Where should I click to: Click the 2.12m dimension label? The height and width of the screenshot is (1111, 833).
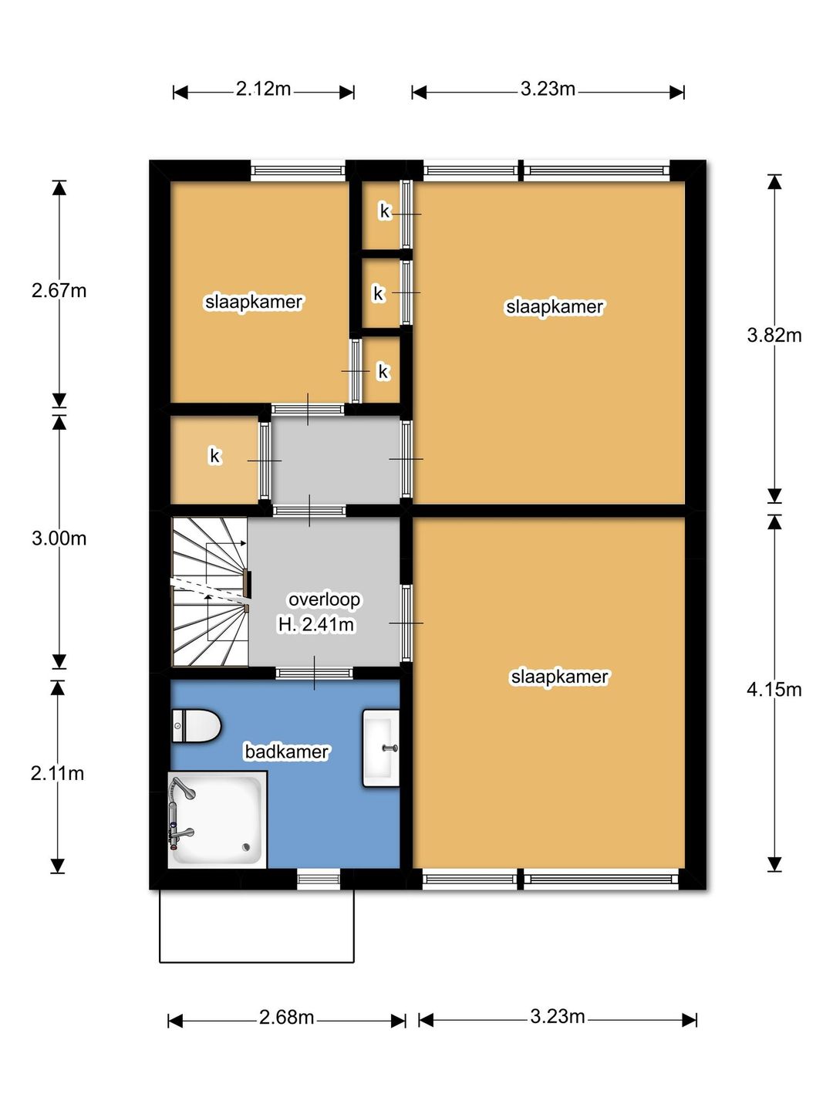coord(263,89)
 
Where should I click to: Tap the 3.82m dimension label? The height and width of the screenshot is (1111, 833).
coord(774,335)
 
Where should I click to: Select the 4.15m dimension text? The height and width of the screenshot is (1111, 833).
coord(774,690)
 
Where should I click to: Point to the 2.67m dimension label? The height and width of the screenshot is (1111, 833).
coord(59,291)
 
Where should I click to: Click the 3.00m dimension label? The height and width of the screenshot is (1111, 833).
coord(59,538)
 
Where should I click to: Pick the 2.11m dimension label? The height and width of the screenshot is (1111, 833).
coord(57,773)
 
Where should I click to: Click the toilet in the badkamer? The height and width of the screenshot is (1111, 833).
coord(196,725)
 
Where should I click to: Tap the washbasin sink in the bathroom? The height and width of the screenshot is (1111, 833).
coord(381,748)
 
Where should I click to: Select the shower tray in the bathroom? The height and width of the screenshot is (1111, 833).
coord(218,820)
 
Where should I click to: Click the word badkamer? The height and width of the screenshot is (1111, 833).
coord(287,751)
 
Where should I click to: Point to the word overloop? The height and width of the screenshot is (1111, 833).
coord(324,599)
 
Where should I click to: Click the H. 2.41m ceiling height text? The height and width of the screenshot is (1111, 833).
coord(316,625)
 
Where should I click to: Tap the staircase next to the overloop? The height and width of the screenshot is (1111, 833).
coord(211,591)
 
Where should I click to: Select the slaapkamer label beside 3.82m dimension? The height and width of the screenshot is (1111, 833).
coord(555,307)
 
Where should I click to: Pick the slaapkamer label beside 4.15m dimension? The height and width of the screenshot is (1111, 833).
coord(559,677)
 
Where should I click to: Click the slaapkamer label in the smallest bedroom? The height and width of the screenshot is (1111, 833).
coord(254,302)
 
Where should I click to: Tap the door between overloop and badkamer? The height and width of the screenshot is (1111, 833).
coord(314,673)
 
